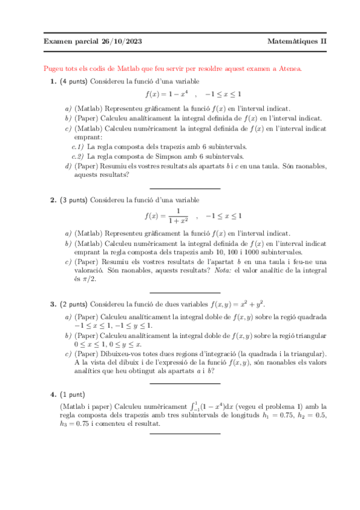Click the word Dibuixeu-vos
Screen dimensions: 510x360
tap(124, 354)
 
